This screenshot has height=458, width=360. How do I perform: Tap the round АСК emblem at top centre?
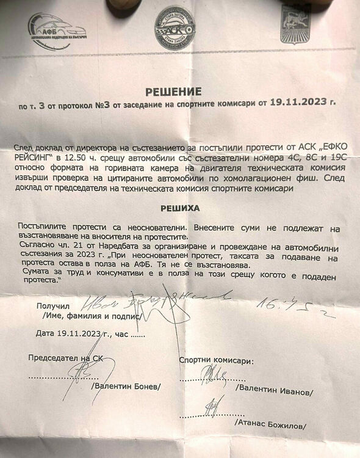pos(174,28)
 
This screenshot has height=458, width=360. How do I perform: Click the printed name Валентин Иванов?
pos(276,389)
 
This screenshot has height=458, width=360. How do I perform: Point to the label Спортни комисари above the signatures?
pos(217,361)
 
